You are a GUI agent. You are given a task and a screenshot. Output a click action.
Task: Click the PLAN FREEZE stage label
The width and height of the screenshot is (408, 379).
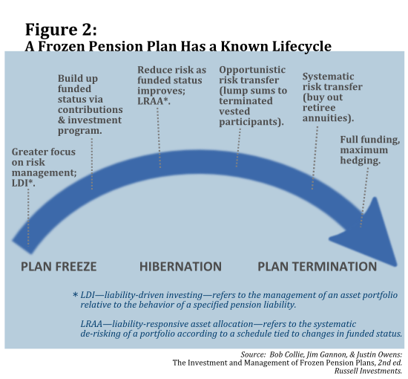tap(59, 267)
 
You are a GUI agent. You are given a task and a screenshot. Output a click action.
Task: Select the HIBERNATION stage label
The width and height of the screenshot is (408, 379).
tap(180, 267)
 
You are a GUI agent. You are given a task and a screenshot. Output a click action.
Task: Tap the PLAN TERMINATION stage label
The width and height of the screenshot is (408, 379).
tap(317, 267)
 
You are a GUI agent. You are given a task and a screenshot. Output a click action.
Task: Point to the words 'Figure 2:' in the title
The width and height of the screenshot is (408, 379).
tap(61, 30)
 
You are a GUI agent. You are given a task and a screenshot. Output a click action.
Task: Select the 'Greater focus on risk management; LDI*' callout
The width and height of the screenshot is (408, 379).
tap(44, 168)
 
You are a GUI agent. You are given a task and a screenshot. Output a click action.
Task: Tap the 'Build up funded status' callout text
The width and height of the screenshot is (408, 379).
tap(90, 105)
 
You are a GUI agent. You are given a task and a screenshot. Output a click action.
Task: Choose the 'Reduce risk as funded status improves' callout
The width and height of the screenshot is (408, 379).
tap(172, 85)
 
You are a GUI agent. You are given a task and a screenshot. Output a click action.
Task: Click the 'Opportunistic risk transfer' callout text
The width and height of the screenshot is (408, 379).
tap(253, 96)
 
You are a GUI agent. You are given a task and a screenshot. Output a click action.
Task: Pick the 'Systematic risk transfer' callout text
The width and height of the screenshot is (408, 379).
tap(332, 97)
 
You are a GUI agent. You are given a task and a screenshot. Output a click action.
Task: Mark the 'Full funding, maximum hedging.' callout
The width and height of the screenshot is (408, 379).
tap(370, 150)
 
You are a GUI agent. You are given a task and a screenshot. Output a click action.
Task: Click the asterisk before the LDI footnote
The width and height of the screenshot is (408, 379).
tap(75, 295)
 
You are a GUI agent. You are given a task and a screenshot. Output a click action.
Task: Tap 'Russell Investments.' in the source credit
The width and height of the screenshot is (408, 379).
tap(368, 371)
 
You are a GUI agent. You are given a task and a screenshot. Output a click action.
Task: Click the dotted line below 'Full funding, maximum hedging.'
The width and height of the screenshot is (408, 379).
tap(364, 198)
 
